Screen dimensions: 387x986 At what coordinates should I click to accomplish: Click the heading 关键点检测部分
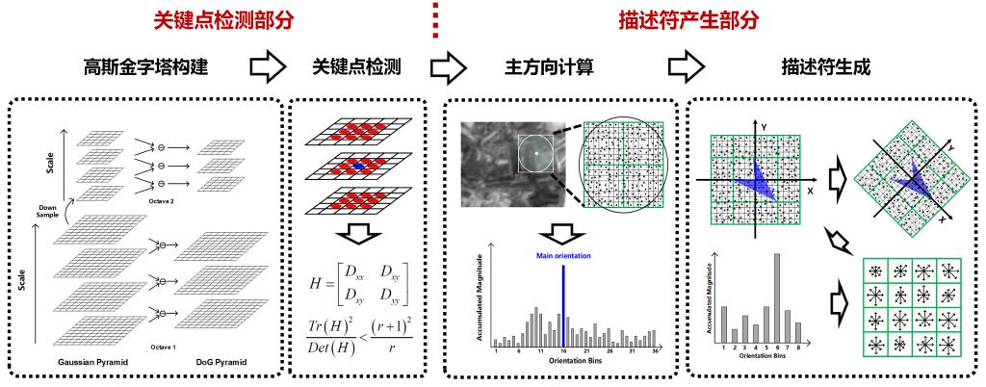point(228,18)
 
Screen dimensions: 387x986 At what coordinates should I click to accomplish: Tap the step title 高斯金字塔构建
point(146,68)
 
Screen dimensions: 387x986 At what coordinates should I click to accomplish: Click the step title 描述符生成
point(829,68)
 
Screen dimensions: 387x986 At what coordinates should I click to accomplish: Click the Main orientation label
point(563,256)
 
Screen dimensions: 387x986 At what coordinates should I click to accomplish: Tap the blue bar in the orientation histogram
point(563,302)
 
